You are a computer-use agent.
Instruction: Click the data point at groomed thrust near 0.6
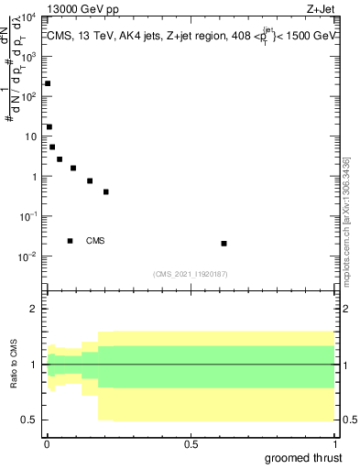click(x=224, y=244)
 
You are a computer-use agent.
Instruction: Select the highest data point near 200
click(x=48, y=83)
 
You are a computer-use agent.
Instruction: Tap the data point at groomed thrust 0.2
click(x=106, y=192)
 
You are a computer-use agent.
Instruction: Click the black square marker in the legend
click(x=70, y=241)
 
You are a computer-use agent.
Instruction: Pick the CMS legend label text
click(x=95, y=241)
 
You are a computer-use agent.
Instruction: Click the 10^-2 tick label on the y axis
click(x=28, y=256)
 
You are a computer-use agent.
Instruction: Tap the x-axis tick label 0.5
click(x=191, y=444)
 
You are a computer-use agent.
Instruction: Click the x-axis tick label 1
click(x=335, y=444)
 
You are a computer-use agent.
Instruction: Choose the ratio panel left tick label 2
click(x=34, y=310)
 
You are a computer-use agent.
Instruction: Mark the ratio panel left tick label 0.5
click(x=29, y=420)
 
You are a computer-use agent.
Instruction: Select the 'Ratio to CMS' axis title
click(x=13, y=365)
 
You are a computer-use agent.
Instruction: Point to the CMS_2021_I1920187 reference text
click(x=191, y=273)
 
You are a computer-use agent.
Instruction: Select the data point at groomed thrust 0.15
click(x=90, y=181)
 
